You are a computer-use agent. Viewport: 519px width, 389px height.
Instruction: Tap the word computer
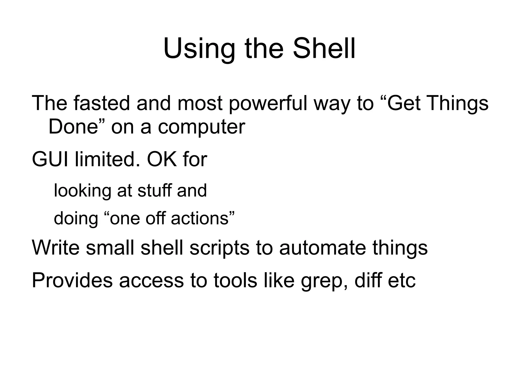point(201,126)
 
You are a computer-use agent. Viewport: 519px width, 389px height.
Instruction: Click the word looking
point(82,191)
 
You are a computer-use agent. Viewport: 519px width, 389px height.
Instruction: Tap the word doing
point(76,218)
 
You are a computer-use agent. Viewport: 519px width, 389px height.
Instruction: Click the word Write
point(55,248)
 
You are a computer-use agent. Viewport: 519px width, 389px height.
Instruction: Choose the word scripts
point(219,248)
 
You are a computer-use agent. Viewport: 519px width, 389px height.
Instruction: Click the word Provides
point(72,280)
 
